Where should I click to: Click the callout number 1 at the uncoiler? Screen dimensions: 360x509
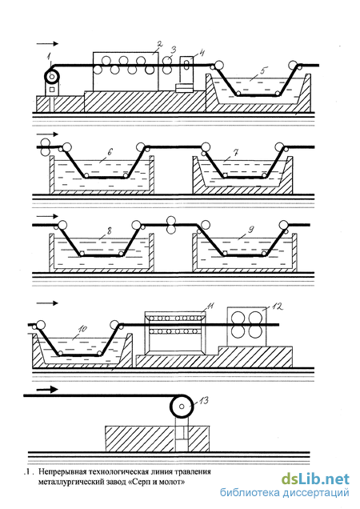click(50, 57)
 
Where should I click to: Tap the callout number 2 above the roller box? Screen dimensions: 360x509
click(159, 44)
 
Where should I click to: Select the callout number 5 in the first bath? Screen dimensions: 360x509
click(264, 70)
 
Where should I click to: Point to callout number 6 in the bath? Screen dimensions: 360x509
click(110, 151)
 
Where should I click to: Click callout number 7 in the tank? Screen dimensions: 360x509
click(236, 152)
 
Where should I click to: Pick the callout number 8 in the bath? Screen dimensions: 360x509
click(109, 230)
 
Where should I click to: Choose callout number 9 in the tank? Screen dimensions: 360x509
click(250, 230)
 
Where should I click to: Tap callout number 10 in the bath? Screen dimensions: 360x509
click(82, 329)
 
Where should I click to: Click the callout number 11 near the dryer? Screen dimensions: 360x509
click(210, 306)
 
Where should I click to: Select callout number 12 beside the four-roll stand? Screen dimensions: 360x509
click(278, 306)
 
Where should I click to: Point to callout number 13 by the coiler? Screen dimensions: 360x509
click(203, 401)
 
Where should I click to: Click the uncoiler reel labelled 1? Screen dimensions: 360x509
click(52, 77)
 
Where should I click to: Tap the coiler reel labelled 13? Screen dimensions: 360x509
click(182, 406)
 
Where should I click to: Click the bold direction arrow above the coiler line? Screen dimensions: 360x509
click(47, 389)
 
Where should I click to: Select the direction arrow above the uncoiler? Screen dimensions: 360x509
click(47, 43)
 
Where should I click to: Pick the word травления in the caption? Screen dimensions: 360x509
click(193, 471)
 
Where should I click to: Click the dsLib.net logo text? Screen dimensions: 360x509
click(315, 479)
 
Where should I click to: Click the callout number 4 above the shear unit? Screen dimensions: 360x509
click(202, 53)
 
